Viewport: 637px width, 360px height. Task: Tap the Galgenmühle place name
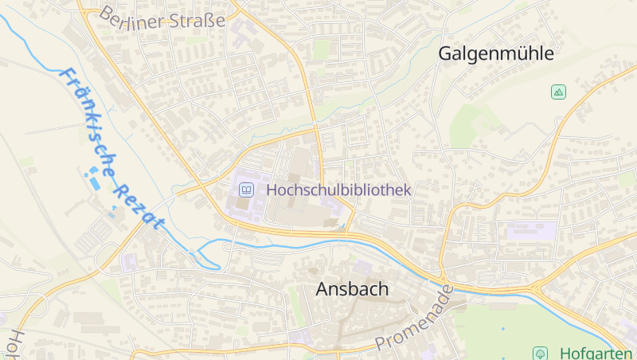pos(496,54)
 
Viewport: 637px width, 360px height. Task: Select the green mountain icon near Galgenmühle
pos(558,92)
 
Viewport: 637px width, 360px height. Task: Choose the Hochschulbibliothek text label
pos(338,190)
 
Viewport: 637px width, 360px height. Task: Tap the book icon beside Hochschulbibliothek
pos(247,190)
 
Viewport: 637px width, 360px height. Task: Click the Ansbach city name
pos(352,289)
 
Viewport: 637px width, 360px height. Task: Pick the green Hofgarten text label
pos(596,353)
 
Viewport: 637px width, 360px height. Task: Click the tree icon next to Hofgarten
pos(541,353)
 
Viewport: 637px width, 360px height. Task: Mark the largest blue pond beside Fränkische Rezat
pos(95,182)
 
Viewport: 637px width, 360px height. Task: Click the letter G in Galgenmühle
pos(446,54)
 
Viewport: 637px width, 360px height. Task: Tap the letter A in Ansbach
pos(322,289)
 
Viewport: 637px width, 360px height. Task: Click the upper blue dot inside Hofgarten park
pos(503,328)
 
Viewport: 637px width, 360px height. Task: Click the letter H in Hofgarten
pos(565,353)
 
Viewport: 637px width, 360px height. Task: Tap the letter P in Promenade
pos(382,345)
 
